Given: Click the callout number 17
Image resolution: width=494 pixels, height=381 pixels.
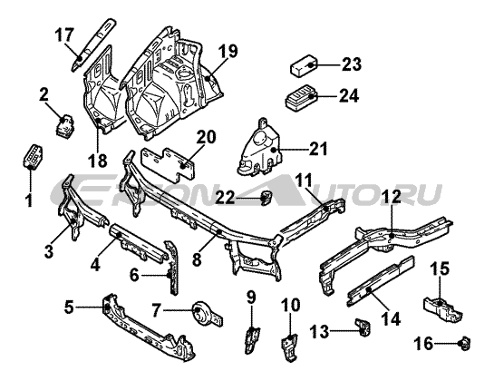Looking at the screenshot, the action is [x=64, y=35].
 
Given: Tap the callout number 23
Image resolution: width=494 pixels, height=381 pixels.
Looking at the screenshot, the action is [x=352, y=64].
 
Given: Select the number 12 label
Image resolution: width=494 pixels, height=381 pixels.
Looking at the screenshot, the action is [x=392, y=197].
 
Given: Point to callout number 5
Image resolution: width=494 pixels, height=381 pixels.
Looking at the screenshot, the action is [x=69, y=308].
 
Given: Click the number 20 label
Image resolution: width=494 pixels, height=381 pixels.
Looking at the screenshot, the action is [x=207, y=138].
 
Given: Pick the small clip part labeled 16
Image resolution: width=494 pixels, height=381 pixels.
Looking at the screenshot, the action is [x=465, y=343].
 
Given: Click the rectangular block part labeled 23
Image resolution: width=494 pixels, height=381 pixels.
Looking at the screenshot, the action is [x=304, y=65].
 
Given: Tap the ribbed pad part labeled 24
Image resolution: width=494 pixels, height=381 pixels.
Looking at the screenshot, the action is [x=301, y=97].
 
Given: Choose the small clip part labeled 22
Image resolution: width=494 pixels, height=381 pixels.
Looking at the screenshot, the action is [x=266, y=198].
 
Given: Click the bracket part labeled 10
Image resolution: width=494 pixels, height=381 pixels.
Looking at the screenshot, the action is [x=289, y=347].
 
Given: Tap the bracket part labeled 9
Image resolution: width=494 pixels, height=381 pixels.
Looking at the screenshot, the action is [x=252, y=339].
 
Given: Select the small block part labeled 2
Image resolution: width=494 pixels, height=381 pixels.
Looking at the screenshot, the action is [x=65, y=126].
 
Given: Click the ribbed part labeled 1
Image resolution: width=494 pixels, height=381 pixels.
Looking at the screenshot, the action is [x=33, y=156].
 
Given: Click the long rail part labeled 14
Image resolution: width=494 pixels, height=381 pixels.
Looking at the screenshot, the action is [x=381, y=280].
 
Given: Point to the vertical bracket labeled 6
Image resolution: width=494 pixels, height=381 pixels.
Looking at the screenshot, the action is [x=172, y=269].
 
